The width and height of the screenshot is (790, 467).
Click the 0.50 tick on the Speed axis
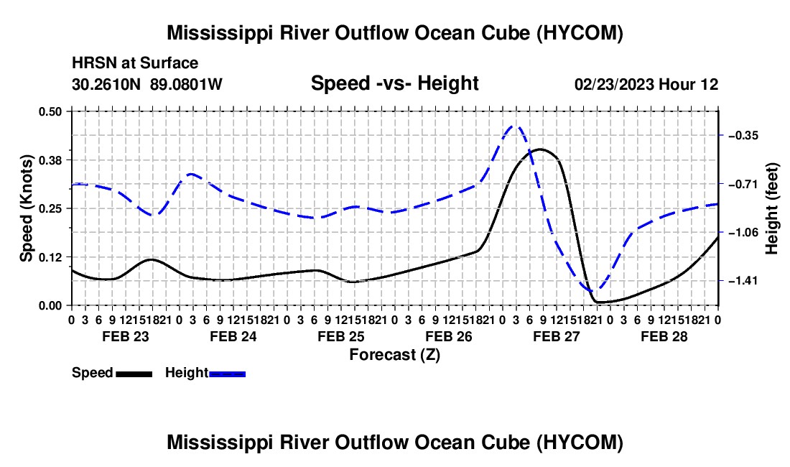click(50, 111)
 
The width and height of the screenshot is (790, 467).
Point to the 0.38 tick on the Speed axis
click(50, 160)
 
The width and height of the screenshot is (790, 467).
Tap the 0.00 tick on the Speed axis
click(50, 306)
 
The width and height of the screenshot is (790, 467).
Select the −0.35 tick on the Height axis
click(743, 136)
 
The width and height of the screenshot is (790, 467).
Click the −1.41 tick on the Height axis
click(743, 281)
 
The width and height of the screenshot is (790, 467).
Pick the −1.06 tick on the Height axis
click(743, 232)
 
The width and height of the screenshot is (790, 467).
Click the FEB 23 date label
click(126, 336)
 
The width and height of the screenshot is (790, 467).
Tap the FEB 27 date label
click(557, 336)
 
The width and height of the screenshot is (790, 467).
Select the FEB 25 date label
click(341, 336)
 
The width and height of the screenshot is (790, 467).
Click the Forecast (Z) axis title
click(395, 355)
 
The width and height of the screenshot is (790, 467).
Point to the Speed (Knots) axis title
click(26, 208)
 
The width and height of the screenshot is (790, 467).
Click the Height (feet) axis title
click(772, 208)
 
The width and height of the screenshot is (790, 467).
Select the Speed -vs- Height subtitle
click(395, 83)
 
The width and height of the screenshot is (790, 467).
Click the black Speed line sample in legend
click(134, 374)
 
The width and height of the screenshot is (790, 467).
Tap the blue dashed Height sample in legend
click(227, 374)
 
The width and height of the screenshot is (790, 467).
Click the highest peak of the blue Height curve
click(514, 126)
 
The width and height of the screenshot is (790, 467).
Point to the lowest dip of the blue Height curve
click(595, 291)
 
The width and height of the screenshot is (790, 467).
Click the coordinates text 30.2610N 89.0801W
click(147, 84)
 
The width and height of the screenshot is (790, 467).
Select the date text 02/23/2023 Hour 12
click(646, 84)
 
